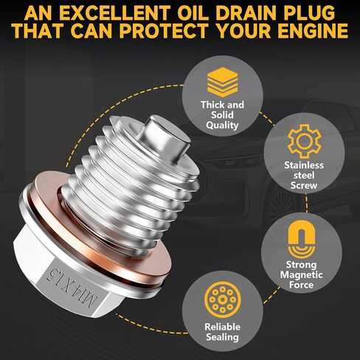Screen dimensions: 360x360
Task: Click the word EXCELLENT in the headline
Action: click(x=114, y=13)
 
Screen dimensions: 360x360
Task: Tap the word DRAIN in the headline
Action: click(x=250, y=13)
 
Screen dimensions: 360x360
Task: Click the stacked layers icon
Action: click(x=222, y=83)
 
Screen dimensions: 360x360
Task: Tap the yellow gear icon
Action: click(x=305, y=141)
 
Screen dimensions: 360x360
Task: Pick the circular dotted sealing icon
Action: click(x=222, y=300)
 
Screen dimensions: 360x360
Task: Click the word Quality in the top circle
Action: click(x=222, y=125)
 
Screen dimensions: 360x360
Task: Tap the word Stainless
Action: click(x=304, y=165)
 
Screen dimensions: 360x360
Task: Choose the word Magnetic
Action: click(x=301, y=274)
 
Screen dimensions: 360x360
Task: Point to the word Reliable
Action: click(x=222, y=327)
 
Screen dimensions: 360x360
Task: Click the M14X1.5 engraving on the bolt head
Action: click(x=73, y=288)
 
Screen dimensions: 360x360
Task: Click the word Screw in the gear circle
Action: click(x=304, y=185)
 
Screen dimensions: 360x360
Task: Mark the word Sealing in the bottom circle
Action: click(x=222, y=337)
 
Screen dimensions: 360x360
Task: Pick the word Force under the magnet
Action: click(x=301, y=285)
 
